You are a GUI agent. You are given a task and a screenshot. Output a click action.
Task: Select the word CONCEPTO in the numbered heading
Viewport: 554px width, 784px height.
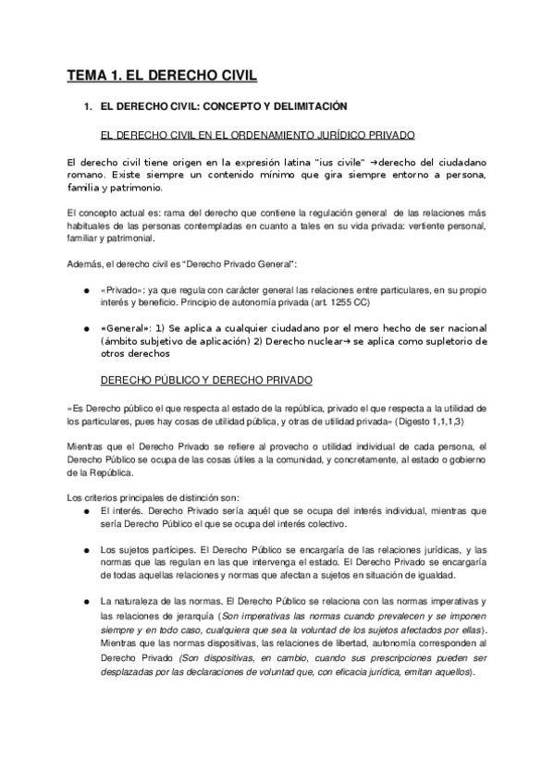220,107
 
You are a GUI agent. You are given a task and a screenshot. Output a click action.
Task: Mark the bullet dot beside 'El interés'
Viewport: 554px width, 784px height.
86,510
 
